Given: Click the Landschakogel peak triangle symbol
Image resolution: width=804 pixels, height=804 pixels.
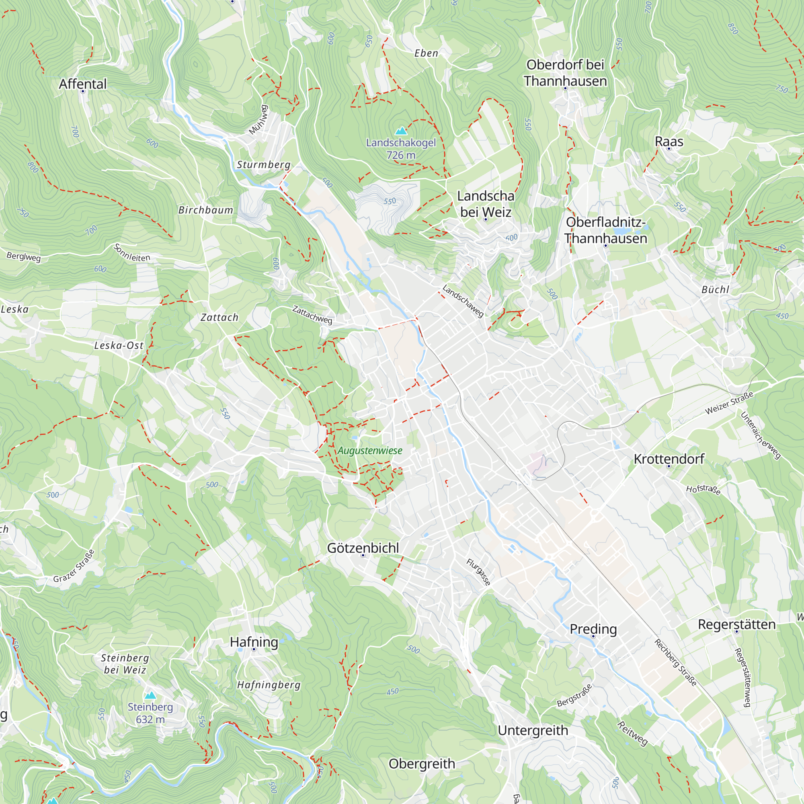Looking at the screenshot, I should point(401,131).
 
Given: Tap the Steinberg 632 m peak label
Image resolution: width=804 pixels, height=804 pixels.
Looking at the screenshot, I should point(150,713).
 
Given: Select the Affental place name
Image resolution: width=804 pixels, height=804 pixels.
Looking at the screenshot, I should point(83,84).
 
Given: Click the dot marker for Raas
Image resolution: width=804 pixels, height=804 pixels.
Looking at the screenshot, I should point(669,149).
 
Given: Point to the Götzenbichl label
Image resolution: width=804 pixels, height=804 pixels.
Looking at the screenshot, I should point(363,548).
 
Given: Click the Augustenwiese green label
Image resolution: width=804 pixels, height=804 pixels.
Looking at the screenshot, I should point(369,451).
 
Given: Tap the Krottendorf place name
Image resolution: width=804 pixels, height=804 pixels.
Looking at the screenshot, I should point(669,459).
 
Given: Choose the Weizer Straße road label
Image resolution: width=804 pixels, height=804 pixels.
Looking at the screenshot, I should point(729,403).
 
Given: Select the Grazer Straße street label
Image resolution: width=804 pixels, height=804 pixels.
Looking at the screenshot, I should point(74,566).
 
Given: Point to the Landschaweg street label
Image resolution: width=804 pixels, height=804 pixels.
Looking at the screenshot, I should point(463,300).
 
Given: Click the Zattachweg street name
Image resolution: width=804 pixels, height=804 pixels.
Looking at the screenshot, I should point(312,315).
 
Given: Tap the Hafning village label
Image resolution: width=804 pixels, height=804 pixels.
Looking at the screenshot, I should point(254,642).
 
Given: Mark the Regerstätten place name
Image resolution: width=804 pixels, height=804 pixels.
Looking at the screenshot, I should point(736,624).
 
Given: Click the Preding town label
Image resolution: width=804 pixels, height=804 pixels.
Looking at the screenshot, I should point(593,629).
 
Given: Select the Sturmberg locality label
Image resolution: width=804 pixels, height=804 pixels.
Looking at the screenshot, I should point(263,164).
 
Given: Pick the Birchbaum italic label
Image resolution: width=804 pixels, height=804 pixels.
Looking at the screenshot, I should point(205,210).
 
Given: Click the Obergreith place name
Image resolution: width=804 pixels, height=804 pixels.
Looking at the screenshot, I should point(422,764).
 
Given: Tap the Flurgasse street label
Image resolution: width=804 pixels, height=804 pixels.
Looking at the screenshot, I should point(478,572).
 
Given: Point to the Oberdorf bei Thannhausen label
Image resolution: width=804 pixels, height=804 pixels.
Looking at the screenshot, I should point(565,73).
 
